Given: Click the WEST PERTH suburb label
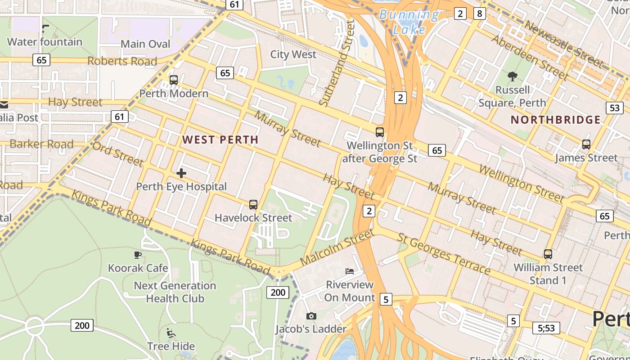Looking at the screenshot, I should (x=220, y=139).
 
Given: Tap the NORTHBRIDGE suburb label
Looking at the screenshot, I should (x=556, y=120).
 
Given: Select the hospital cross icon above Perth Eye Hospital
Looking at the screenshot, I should (x=181, y=173).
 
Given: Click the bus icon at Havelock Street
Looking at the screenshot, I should (x=253, y=205).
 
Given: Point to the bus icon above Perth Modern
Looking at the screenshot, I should (x=174, y=80).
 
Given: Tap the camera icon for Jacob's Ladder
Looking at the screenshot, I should (x=311, y=316).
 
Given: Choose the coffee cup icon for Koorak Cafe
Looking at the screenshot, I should (x=138, y=255).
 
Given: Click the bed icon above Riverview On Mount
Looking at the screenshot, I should (x=350, y=271).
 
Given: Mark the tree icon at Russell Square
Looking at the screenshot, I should (x=513, y=76).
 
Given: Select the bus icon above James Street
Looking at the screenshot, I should (x=586, y=144).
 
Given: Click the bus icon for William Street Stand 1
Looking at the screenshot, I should (x=548, y=254).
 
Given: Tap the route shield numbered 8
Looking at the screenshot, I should (x=479, y=13).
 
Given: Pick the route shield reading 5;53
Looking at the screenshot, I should (x=546, y=328).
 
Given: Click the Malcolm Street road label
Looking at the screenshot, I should (x=337, y=248).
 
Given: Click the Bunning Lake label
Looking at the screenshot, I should (x=409, y=22).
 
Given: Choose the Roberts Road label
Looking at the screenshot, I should (x=122, y=61).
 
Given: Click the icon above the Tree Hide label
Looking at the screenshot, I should (x=171, y=333).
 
